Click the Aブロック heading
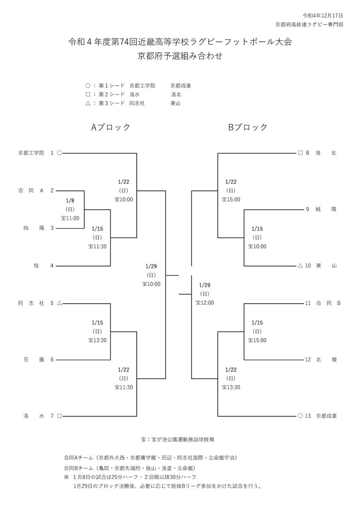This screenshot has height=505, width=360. [111, 127]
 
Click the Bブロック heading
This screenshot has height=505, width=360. [248, 127]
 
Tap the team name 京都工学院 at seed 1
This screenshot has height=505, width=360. [31, 153]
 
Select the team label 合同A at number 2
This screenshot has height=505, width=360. [31, 191]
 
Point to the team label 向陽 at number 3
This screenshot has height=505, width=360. [34, 228]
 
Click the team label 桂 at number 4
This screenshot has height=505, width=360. [36, 266]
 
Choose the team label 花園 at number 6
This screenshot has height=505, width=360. [34, 360]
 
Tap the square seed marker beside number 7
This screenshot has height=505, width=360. [60, 416]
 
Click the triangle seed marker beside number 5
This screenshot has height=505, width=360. [60, 303]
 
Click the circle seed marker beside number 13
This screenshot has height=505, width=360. [300, 416]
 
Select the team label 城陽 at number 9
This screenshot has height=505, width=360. [326, 209]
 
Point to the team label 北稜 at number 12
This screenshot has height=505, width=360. [326, 360]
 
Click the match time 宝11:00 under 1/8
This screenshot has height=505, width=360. [70, 218]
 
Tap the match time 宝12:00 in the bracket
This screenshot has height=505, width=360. [205, 303]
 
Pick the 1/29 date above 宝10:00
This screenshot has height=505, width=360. [151, 267]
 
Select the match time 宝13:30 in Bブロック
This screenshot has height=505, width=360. [231, 387]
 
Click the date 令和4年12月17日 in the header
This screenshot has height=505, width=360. [323, 15]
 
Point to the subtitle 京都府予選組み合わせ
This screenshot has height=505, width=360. [180, 56]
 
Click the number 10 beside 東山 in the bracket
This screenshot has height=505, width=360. [308, 266]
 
